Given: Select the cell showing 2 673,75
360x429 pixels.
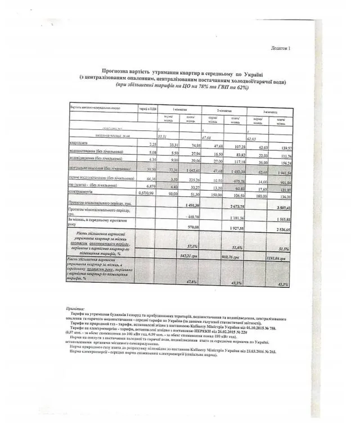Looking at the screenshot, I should click(233, 206).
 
